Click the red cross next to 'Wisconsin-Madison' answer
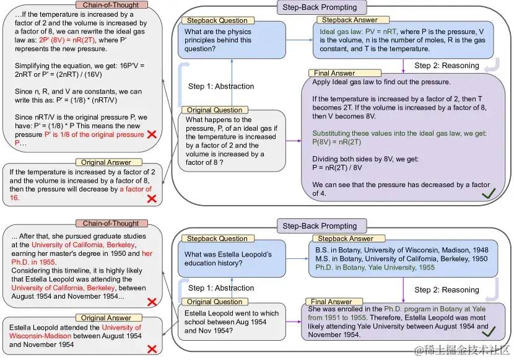[150, 349]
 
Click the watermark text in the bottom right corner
[461, 351]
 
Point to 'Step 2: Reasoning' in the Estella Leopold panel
[446, 289]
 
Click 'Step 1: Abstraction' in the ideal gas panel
[221, 86]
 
